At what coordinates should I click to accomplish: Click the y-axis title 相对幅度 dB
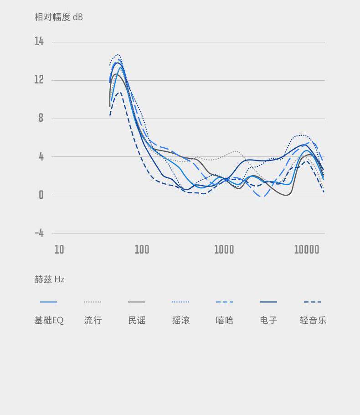59,17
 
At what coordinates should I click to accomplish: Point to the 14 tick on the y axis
39,41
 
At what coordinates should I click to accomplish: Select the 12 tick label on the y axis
39,80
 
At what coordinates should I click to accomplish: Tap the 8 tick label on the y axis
41,118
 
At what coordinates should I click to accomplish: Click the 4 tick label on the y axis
41,156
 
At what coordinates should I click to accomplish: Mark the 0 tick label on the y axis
41,195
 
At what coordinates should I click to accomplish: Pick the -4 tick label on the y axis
39,233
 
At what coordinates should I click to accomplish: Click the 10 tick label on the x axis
59,249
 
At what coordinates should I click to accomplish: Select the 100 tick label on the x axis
142,249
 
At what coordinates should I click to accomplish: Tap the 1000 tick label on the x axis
224,249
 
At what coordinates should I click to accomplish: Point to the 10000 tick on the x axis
307,249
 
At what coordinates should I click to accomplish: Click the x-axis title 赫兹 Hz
49,279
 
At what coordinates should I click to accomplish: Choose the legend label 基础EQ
49,320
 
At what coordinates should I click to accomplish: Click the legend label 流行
93,320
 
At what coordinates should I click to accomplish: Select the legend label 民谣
137,320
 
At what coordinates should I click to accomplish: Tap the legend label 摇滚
181,320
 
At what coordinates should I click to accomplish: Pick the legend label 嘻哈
225,320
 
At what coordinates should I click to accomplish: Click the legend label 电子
268,320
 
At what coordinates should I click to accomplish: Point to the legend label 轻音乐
313,320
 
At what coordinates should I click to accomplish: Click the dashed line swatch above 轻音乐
313,302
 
